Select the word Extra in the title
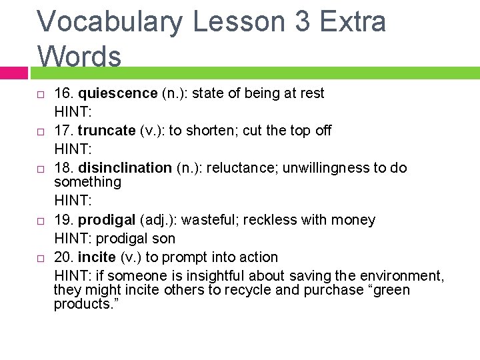pos(353,21)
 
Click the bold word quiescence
pos(117,93)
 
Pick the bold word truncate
pos(107,131)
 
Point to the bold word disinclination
pos(125,168)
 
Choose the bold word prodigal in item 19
pos(107,220)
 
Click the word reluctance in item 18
pos(243,168)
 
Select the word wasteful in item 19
pos(207,220)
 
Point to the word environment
pos(401,276)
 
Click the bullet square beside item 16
pos(40,94)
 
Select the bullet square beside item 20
pos(40,258)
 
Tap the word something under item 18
pos(87,182)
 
